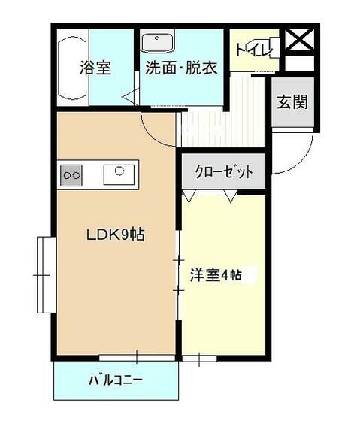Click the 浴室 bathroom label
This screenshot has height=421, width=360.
(96, 68)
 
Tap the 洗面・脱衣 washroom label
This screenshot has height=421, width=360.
(180, 68)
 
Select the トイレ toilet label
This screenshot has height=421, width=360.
(247, 50)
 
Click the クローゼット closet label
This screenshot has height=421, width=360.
(225, 172)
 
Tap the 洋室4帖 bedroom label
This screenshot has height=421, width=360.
(216, 274)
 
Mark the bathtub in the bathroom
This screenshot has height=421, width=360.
(73, 70)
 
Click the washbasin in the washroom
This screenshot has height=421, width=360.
(157, 42)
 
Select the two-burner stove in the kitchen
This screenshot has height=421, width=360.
(72, 174)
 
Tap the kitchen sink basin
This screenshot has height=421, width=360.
(118, 172)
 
